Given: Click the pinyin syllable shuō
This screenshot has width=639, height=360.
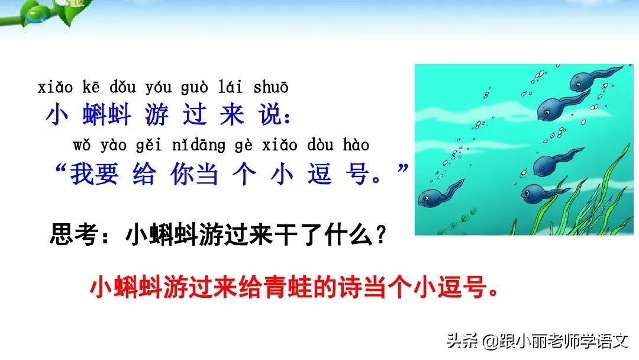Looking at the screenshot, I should tap(270, 88).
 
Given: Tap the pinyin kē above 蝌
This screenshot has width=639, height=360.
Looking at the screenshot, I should tap(91, 88).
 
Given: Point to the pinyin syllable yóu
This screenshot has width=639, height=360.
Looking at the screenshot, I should tap(157, 88).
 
